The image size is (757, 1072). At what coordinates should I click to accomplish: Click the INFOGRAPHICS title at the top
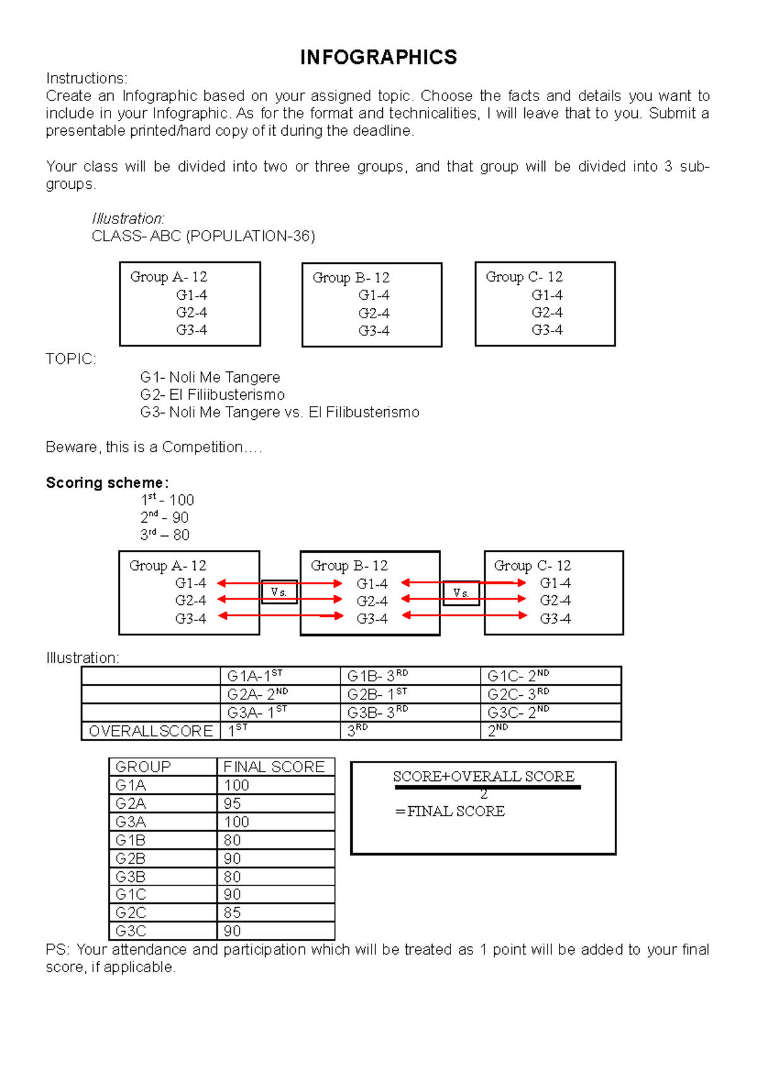pyautogui.click(x=378, y=57)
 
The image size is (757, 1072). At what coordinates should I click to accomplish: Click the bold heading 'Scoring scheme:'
pyautogui.click(x=107, y=483)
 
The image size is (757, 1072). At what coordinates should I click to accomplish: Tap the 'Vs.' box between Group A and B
pyautogui.click(x=279, y=592)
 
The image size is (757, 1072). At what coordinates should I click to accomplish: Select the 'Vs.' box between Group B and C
pyautogui.click(x=461, y=593)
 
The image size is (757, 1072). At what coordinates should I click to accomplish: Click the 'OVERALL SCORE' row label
pyautogui.click(x=151, y=731)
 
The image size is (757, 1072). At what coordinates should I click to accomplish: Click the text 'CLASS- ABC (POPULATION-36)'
pyautogui.click(x=203, y=236)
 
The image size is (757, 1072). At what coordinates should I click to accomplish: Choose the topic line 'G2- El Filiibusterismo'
pyautogui.click(x=212, y=395)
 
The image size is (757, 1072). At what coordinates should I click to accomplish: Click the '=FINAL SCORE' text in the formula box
pyautogui.click(x=450, y=811)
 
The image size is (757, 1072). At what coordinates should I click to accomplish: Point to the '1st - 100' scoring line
pyautogui.click(x=167, y=500)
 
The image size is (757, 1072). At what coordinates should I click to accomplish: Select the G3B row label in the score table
pyautogui.click(x=131, y=877)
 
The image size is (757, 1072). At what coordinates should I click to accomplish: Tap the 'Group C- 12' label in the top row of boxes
pyautogui.click(x=524, y=277)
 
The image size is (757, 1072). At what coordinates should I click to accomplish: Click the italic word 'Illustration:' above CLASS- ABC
pyautogui.click(x=127, y=219)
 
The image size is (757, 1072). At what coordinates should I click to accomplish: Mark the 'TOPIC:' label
pyautogui.click(x=71, y=359)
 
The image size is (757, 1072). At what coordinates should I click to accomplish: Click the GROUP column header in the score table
pyautogui.click(x=143, y=767)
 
